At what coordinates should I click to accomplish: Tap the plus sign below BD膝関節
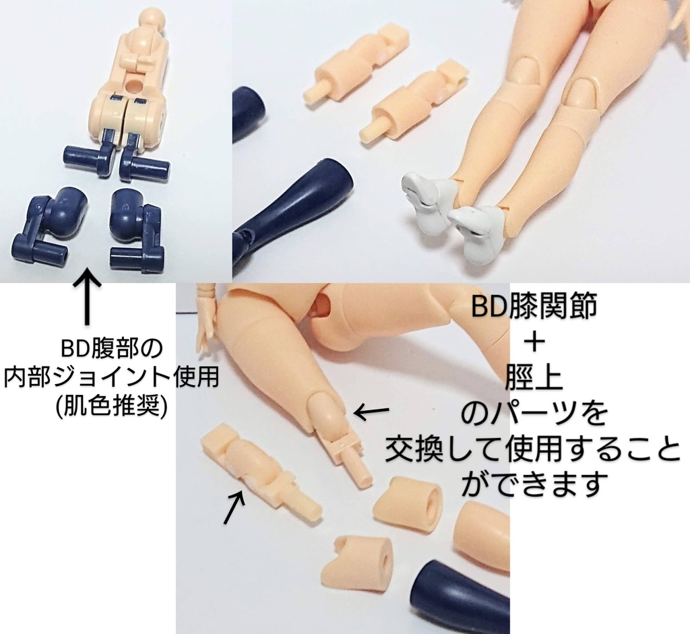(x=533, y=342)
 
